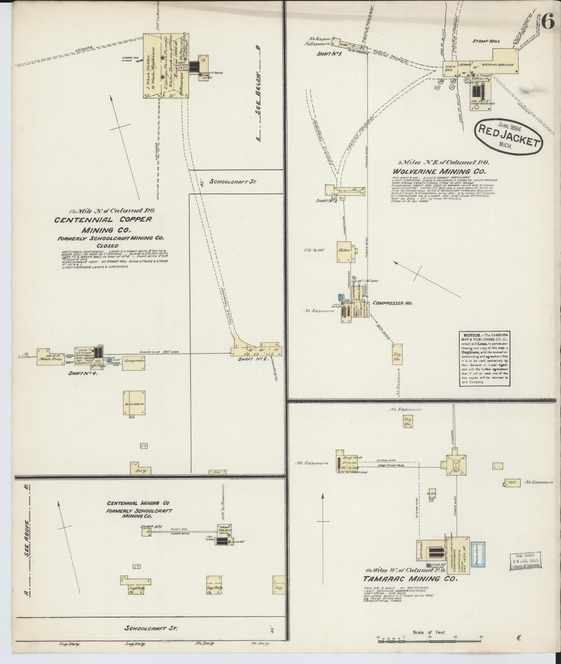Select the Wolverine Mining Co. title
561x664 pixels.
(438, 171)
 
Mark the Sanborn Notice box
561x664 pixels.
(485, 358)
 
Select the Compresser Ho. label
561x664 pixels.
(393, 303)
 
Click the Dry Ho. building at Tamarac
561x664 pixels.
(408, 422)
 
